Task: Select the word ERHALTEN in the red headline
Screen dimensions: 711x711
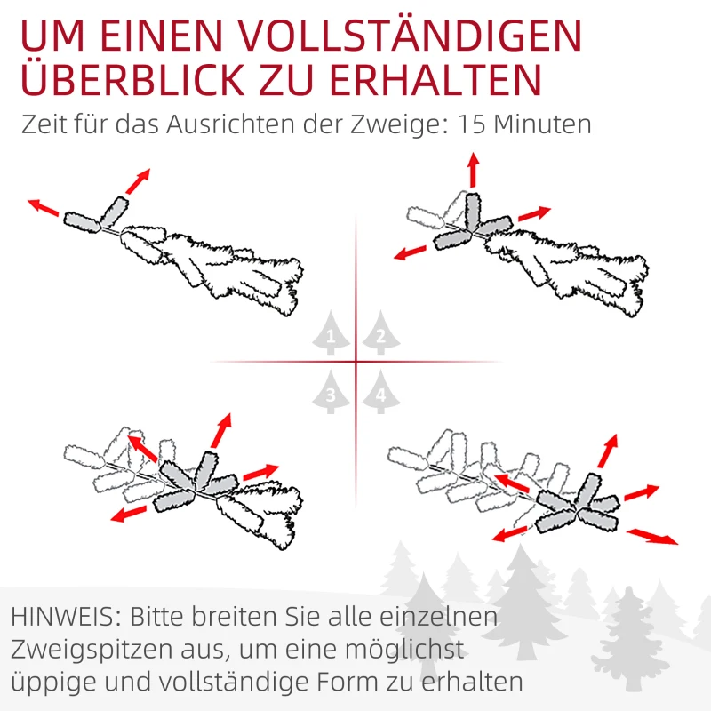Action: (435, 79)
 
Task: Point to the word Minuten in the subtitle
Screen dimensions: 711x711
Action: (542, 124)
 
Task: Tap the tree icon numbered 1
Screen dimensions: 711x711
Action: (331, 332)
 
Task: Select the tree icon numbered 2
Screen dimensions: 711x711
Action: (381, 332)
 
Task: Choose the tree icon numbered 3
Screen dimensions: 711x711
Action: (331, 392)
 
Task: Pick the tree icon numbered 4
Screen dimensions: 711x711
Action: (381, 392)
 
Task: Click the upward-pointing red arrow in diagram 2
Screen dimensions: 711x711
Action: (474, 170)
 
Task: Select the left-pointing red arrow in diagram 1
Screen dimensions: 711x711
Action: (43, 207)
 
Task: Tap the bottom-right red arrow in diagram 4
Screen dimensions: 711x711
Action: (652, 536)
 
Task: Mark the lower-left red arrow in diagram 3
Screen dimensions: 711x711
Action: (129, 515)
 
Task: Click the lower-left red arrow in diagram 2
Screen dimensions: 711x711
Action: (411, 252)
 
